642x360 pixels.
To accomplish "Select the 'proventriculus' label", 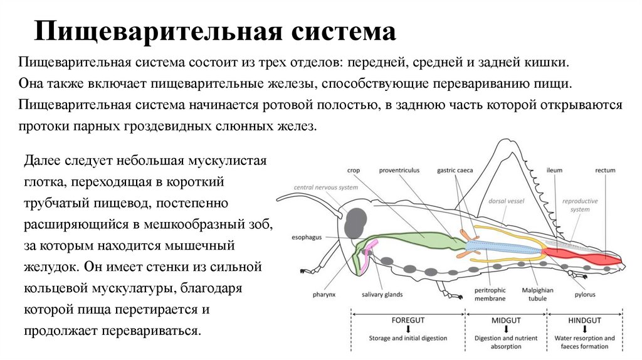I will [x=399, y=170].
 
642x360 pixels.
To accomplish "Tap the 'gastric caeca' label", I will [x=455, y=170].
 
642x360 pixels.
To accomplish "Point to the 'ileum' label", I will [x=554, y=170].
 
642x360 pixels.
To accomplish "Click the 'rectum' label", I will [x=606, y=170].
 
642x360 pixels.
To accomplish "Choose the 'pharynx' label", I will [x=325, y=294].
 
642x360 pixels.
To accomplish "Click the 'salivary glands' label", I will [x=382, y=294].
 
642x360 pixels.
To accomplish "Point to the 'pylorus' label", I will [x=586, y=294].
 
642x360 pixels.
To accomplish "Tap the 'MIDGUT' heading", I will [x=506, y=320].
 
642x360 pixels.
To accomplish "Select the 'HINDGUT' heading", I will [x=585, y=320].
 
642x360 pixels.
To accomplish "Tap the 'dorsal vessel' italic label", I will [x=506, y=201].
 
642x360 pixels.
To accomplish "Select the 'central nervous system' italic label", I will [x=327, y=188].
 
